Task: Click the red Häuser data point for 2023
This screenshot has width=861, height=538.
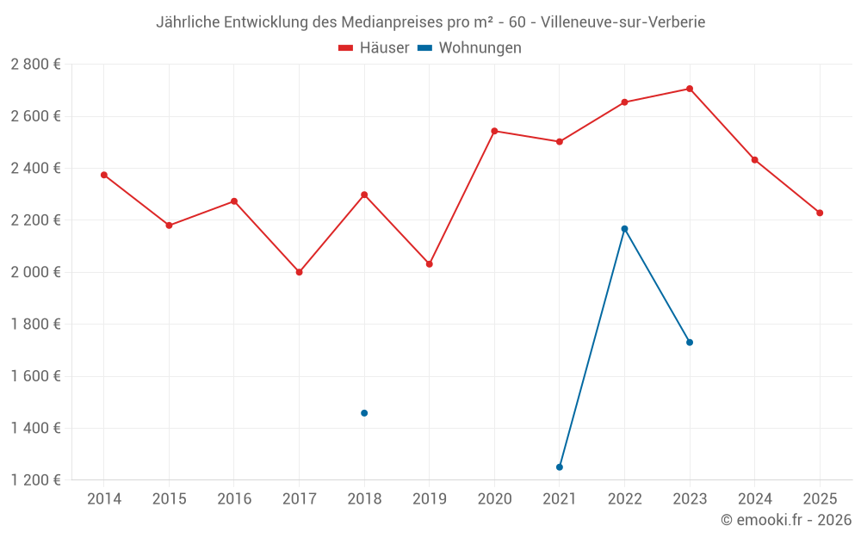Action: pos(690,89)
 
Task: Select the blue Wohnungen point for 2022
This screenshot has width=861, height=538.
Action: pos(624,229)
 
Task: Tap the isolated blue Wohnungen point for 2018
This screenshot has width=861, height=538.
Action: pos(364,413)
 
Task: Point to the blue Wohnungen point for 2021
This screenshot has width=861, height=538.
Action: pos(560,467)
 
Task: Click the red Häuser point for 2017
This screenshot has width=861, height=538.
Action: pos(299,272)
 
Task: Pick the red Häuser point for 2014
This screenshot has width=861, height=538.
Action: pos(104,175)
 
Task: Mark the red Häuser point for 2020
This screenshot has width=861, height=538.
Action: pos(494,131)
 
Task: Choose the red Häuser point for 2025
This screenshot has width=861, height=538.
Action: pos(820,213)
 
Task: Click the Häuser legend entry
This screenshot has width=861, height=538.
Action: pos(374,48)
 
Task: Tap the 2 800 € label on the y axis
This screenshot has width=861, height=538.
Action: pos(35,64)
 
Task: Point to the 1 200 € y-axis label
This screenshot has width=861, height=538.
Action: pos(35,480)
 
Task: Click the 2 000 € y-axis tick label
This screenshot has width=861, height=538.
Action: pos(35,272)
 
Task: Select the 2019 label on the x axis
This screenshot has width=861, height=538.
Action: pos(430,499)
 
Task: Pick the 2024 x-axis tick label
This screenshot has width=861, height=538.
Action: pos(754,499)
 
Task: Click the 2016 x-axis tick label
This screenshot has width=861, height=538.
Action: pos(234,499)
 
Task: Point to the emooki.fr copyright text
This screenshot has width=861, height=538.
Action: pos(785,520)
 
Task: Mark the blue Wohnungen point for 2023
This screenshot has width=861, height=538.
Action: pos(690,343)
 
